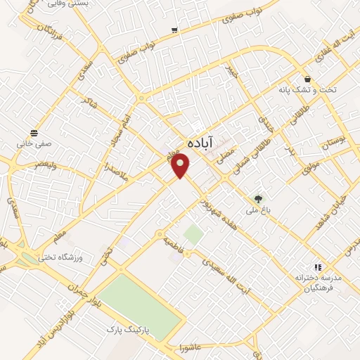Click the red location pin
181,166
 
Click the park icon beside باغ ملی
258,199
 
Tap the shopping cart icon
174,30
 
